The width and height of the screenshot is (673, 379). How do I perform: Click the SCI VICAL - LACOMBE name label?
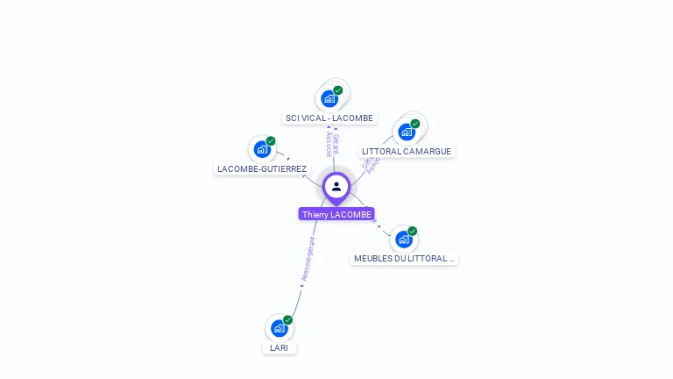[x=329, y=118]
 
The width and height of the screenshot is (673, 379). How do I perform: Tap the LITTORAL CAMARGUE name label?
[x=407, y=151]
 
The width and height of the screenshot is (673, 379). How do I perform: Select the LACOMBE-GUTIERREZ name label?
[x=262, y=168]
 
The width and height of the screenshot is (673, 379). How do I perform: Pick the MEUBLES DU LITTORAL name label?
[x=404, y=259]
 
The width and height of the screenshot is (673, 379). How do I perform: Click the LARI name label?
[x=279, y=347]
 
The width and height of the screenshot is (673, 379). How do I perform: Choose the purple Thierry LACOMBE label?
[x=336, y=214]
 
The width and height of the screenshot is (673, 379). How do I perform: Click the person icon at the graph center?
[x=336, y=186]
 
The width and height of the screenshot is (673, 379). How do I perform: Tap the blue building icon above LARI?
[x=279, y=328]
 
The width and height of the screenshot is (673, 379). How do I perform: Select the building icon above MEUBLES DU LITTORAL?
[x=403, y=239]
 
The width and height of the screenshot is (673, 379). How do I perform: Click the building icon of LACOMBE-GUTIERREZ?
[x=261, y=149]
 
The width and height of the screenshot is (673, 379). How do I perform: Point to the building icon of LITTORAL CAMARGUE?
[x=406, y=132]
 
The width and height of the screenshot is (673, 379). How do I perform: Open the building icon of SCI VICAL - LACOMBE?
[x=329, y=98]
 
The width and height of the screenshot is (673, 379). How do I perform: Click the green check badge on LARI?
[x=287, y=320]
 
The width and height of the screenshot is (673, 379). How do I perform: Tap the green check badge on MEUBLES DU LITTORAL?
[x=412, y=231]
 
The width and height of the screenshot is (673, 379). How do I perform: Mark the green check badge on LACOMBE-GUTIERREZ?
[x=271, y=141]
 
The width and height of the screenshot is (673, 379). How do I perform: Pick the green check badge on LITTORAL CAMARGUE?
[x=415, y=124]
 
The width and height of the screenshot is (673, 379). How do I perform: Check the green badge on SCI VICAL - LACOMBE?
[x=338, y=90]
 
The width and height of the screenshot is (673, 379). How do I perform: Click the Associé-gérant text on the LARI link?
[x=308, y=260]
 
